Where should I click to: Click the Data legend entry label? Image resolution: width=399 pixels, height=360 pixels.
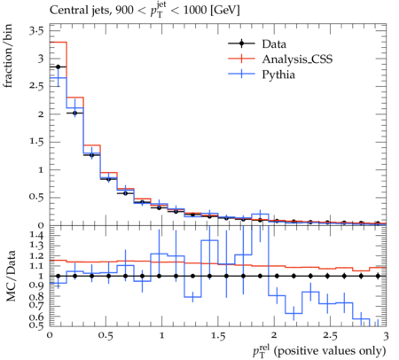[x=274, y=44]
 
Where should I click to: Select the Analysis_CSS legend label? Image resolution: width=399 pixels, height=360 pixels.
[x=297, y=59]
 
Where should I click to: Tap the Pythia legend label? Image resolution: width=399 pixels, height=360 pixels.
[x=278, y=74]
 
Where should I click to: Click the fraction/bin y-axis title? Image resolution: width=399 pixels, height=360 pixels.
[x=8, y=56]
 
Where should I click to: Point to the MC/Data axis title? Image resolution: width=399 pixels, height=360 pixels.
[x=11, y=276]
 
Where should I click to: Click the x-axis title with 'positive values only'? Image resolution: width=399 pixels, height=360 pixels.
[x=319, y=351]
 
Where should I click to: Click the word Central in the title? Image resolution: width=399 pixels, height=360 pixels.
[x=66, y=11]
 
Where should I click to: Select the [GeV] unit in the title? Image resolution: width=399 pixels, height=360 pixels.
[x=224, y=11]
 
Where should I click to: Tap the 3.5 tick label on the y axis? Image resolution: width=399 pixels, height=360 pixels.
[x=36, y=31]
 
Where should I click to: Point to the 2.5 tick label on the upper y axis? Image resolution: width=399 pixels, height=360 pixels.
[x=36, y=86]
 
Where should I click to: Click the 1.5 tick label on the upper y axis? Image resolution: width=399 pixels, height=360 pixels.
[x=36, y=142]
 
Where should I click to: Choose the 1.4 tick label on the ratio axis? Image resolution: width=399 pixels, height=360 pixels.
[x=36, y=235]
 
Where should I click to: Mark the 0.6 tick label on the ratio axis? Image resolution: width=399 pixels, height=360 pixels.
[x=36, y=317]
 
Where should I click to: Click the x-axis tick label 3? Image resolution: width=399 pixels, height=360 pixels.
[x=386, y=335]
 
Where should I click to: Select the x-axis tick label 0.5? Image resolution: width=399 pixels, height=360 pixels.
[x=106, y=335]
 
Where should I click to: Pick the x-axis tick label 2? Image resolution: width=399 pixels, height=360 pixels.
[x=274, y=335]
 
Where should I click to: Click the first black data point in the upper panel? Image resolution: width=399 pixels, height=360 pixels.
[x=58, y=67]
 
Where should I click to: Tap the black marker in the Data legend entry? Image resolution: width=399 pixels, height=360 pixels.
[x=241, y=44]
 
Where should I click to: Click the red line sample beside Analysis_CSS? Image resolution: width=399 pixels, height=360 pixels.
[x=241, y=59]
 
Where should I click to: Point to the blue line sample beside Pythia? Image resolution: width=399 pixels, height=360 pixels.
[x=241, y=74]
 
